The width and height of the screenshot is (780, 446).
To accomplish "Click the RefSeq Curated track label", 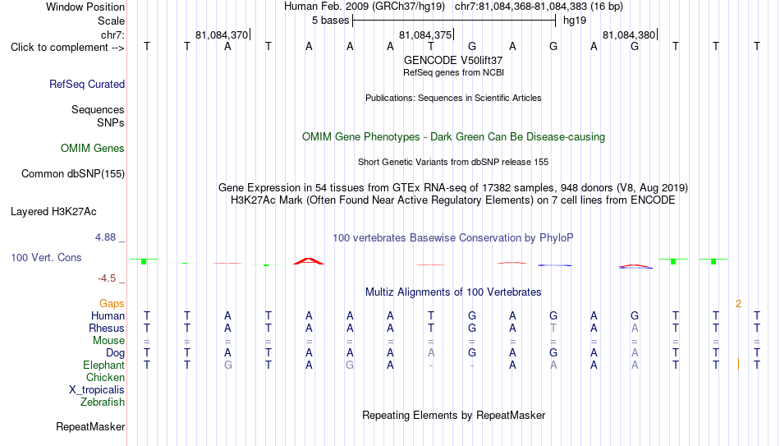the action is tap(87, 84).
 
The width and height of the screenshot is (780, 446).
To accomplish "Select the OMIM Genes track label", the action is tap(93, 149).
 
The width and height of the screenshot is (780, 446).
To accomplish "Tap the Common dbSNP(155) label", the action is tap(73, 174).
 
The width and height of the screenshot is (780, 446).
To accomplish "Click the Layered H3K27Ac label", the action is tap(53, 212).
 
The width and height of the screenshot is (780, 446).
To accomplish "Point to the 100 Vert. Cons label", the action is tap(46, 257).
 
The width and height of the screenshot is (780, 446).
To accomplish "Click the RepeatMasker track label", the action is tap(90, 426).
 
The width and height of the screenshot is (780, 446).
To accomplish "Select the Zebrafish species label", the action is tap(103, 402).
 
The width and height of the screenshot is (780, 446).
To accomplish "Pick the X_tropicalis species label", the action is tap(97, 390).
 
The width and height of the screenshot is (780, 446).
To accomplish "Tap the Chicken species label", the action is tap(105, 377).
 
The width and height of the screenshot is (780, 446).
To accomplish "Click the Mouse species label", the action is tap(108, 341).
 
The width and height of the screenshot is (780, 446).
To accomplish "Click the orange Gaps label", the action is tap(112, 304).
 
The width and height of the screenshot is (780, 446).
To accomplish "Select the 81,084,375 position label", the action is tap(425, 35).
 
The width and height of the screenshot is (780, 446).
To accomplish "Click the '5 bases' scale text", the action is tap(330, 21).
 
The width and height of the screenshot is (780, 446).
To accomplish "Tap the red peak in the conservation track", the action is tap(309, 261).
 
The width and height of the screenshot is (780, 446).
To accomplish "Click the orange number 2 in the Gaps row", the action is tap(739, 304).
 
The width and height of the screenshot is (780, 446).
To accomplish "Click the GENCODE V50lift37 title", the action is tap(453, 60).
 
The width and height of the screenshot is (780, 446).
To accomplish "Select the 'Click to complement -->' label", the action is tap(67, 48).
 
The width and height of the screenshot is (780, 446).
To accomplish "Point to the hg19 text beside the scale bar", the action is tap(575, 21).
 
